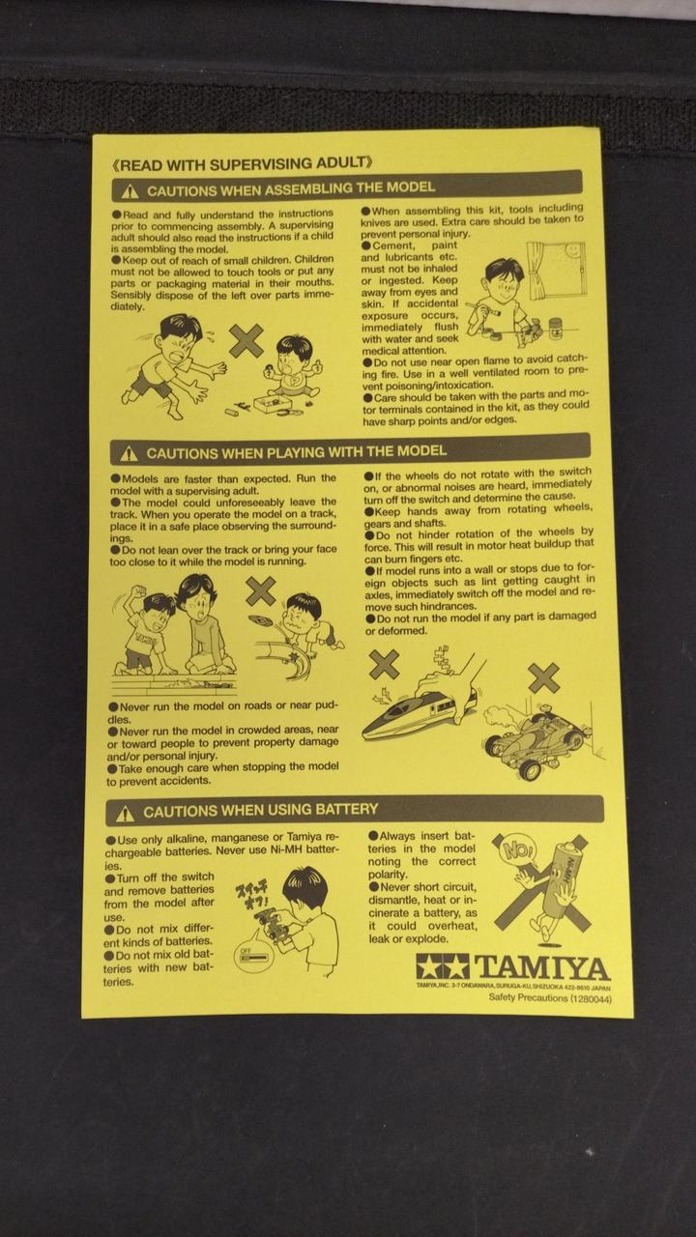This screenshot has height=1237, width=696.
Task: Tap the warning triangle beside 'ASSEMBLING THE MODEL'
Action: [130, 191]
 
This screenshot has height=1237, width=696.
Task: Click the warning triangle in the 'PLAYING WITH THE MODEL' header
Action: [129, 454]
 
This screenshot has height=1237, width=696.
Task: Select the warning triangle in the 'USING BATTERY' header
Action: [126, 813]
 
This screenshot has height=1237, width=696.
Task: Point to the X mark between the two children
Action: [246, 341]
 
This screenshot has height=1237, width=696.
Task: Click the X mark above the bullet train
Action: [384, 664]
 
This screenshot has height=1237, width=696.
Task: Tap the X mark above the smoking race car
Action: [544, 678]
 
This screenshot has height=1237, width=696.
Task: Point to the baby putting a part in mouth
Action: [293, 367]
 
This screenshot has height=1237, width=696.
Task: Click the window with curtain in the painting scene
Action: [556, 271]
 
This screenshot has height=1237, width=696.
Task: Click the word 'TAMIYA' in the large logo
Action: [542, 967]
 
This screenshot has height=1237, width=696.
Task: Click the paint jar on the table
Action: [556, 329]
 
